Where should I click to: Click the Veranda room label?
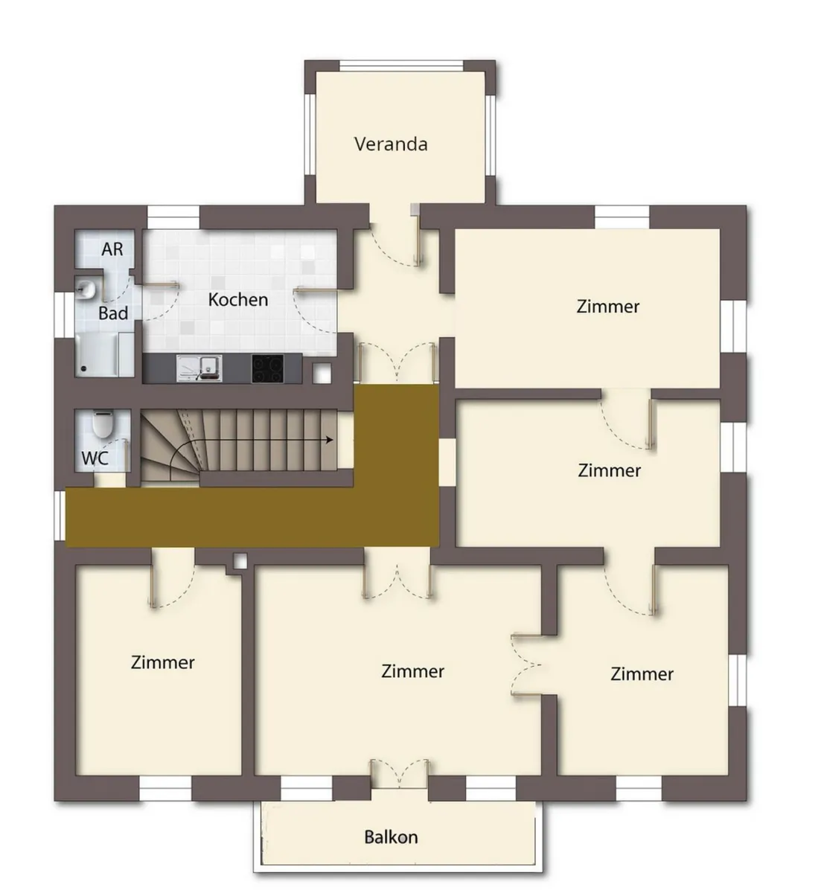[391, 144]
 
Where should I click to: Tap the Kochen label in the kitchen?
[238, 300]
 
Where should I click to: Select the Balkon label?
[391, 837]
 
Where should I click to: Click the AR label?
[112, 249]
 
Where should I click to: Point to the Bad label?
[113, 313]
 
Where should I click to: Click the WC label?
[95, 458]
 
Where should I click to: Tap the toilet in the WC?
[103, 423]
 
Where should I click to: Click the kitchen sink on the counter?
[199, 368]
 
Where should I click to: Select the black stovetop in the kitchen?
[267, 368]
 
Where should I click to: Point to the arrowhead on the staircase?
[330, 440]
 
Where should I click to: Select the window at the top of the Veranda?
[401, 65]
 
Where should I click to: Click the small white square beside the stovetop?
[322, 373]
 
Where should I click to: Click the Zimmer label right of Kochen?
[607, 307]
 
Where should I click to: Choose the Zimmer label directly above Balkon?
[412, 671]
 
